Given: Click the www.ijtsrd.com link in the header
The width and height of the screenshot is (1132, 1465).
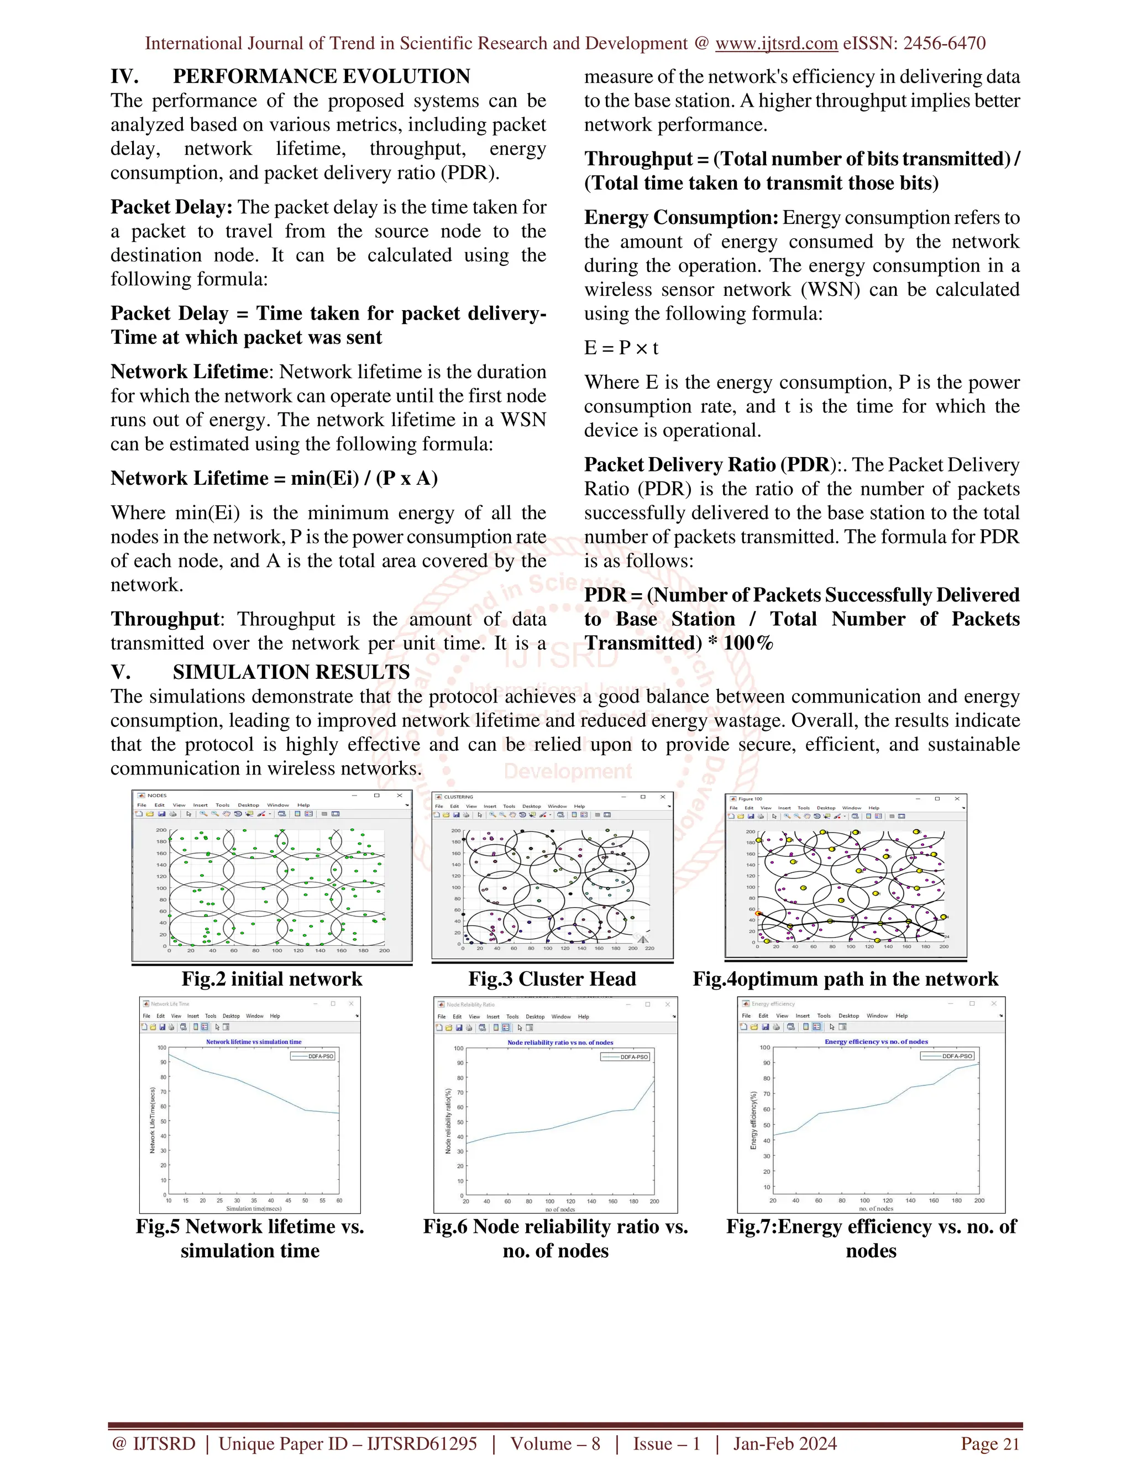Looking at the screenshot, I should click(x=776, y=44).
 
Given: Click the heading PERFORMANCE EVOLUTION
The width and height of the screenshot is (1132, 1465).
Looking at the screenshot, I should click(x=321, y=76).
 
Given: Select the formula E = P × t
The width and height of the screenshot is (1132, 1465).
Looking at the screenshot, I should click(x=621, y=348).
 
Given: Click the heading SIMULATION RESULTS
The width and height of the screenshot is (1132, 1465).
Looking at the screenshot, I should click(x=291, y=672).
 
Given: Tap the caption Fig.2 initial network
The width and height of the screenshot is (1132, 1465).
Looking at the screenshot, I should click(x=271, y=980).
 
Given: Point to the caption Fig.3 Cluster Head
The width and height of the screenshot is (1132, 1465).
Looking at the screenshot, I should click(x=552, y=980).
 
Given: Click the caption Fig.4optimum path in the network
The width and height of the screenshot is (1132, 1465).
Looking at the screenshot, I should click(x=845, y=980).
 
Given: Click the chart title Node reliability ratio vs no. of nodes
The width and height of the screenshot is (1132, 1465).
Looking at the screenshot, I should click(x=560, y=1043).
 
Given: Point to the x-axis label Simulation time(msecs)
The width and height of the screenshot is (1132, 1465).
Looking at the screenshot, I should click(x=254, y=1208).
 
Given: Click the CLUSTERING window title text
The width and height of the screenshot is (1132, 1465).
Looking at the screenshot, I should click(x=459, y=797).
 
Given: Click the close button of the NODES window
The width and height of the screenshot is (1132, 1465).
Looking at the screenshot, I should click(x=400, y=796).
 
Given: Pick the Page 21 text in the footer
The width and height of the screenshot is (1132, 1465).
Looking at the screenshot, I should click(x=990, y=1443).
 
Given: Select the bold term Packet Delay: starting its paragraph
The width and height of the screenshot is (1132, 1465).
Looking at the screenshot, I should click(x=172, y=207).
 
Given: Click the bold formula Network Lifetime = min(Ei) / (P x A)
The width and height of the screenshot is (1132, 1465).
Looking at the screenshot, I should click(x=274, y=478).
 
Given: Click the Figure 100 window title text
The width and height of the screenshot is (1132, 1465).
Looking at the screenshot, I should click(x=751, y=799).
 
